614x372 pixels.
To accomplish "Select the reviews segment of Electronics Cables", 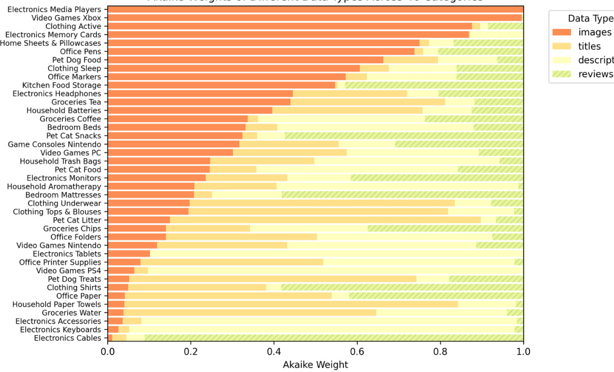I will [x=334, y=338].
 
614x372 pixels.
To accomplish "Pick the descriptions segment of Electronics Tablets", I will [x=336, y=254].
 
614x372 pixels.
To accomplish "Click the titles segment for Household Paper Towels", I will [x=291, y=304].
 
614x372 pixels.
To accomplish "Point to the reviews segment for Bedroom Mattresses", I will [x=403, y=194].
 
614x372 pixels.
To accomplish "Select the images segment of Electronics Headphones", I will [x=200, y=94].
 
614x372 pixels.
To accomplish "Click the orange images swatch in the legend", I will [x=563, y=33].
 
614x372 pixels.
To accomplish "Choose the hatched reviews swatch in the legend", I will [x=563, y=74].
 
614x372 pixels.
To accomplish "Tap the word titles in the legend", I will [x=589, y=46].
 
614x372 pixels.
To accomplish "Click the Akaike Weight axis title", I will [x=315, y=364].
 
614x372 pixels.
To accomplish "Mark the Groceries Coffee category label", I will [x=70, y=119].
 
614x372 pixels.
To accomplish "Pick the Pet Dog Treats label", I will [x=75, y=279].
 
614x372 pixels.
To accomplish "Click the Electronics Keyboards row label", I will [x=60, y=329].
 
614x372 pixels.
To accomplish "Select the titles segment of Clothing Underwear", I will [x=322, y=203].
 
